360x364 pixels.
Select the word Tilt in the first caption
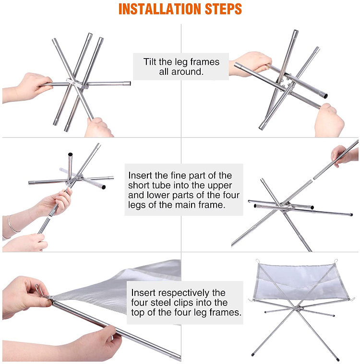pyautogui.click(x=151, y=62)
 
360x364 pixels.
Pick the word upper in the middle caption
pyautogui.click(x=219, y=185)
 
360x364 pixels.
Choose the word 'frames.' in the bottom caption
pyautogui.click(x=226, y=313)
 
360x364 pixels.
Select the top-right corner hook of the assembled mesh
pyautogui.click(x=336, y=262)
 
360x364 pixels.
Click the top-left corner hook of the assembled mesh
pyautogui.click(x=257, y=261)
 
